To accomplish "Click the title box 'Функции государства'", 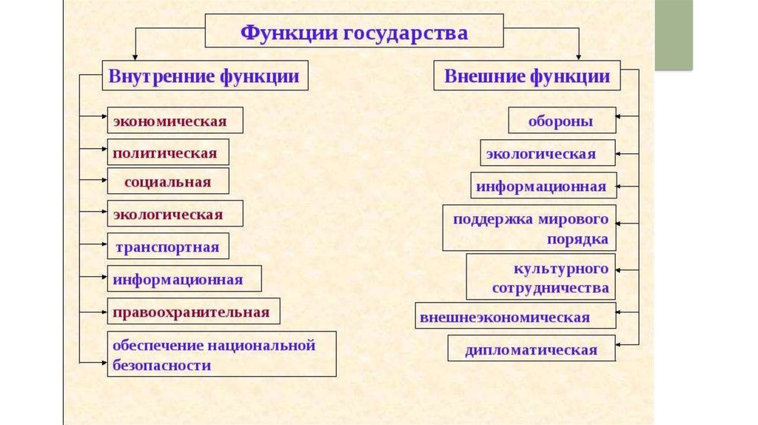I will (354, 33).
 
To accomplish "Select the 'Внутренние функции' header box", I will (204, 76).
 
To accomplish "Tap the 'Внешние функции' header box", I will (526, 76).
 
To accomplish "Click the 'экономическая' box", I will (175, 121).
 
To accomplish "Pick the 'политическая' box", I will (168, 153).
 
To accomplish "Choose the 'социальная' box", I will (168, 181).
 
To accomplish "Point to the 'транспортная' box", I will (168, 247).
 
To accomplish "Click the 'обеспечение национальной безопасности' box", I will (221, 355).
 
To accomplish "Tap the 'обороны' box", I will (562, 121).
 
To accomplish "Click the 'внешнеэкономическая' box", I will (515, 316).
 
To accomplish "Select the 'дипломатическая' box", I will (531, 349).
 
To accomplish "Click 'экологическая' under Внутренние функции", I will (175, 214).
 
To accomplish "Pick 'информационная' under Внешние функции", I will (543, 185).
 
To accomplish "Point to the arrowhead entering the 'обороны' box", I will (620, 117).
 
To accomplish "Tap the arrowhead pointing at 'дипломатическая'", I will (620, 344).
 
